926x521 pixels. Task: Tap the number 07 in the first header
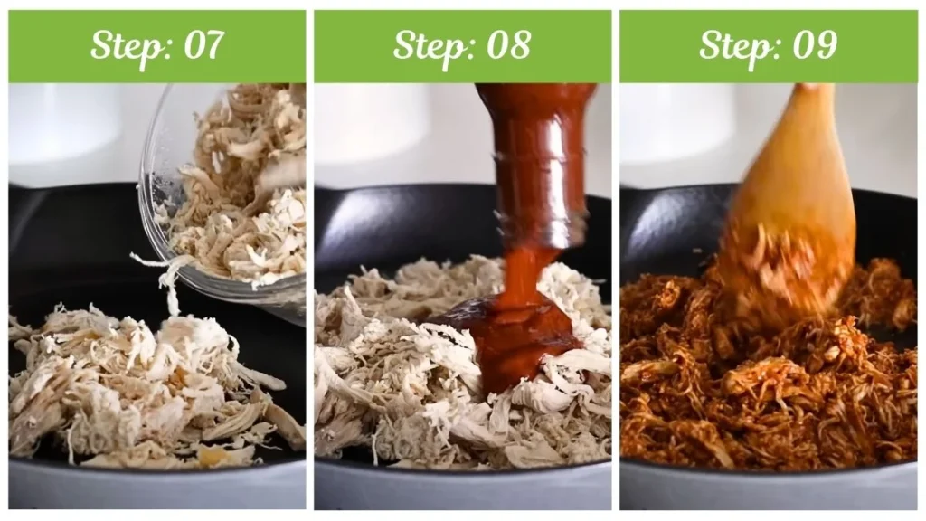coord(204,45)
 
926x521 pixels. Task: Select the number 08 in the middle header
coord(508,45)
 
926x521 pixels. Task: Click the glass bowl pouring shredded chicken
coord(224,195)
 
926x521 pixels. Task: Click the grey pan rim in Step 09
coord(769,486)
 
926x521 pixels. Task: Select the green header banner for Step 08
coord(462,47)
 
